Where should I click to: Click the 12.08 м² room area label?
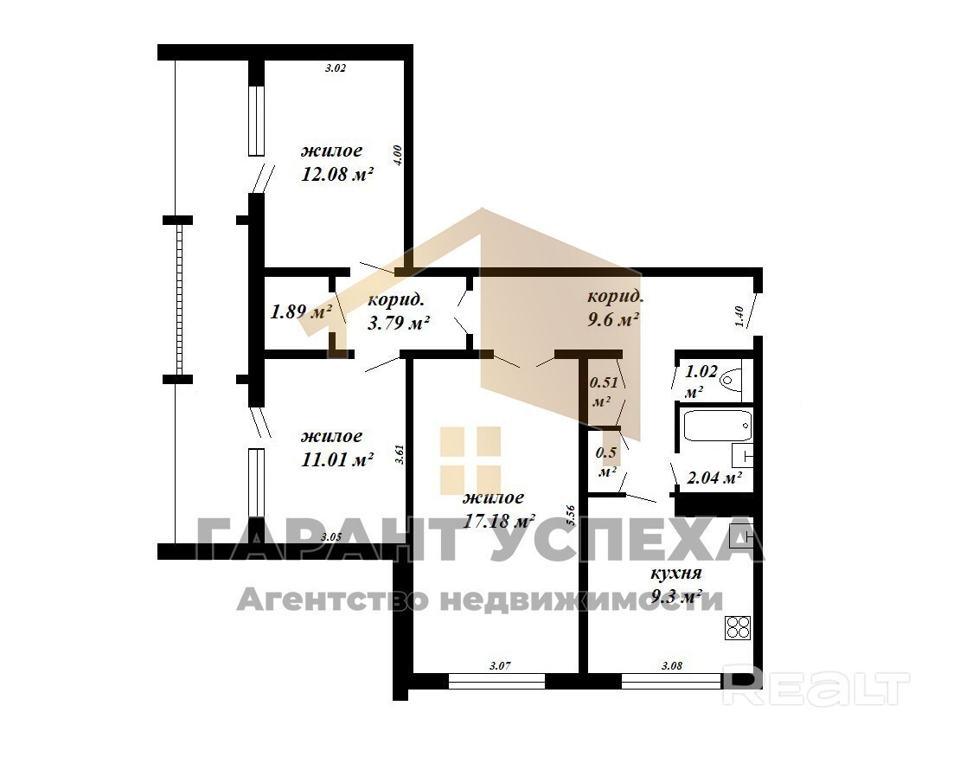337,175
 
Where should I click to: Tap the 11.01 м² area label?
337,459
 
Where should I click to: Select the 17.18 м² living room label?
499,521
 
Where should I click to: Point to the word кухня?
675,574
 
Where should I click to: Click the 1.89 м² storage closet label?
301,311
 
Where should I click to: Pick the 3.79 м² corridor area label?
398,322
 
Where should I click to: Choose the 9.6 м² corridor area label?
613,319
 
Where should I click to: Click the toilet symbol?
732,378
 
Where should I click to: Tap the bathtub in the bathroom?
717,425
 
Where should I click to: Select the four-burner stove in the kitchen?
738,628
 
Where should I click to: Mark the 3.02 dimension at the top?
335,68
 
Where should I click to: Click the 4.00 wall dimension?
397,156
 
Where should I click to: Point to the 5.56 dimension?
571,516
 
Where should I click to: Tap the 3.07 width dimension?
501,665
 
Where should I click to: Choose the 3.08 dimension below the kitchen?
672,665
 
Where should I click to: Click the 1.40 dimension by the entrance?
739,317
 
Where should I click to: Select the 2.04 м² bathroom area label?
714,478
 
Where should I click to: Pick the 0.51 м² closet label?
602,392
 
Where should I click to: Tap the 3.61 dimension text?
400,454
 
